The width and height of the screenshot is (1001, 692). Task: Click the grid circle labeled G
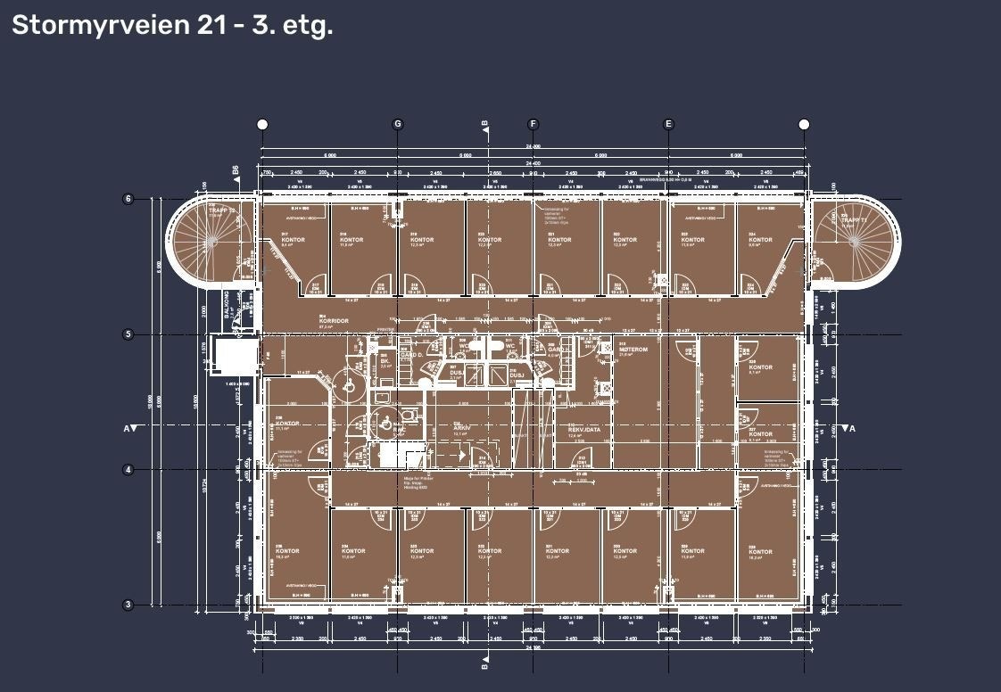398,124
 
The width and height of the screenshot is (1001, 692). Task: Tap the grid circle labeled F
534,124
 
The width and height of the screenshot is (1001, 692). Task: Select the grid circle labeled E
668,124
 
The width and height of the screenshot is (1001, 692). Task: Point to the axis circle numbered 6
128,199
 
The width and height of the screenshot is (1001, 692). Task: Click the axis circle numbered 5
128,334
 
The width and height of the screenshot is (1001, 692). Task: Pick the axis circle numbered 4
128,469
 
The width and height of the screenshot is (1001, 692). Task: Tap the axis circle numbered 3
128,605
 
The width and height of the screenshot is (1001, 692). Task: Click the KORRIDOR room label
333,322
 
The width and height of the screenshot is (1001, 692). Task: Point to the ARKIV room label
461,428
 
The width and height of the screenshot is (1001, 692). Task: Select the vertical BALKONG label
228,304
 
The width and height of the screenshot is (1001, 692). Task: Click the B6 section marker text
236,170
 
